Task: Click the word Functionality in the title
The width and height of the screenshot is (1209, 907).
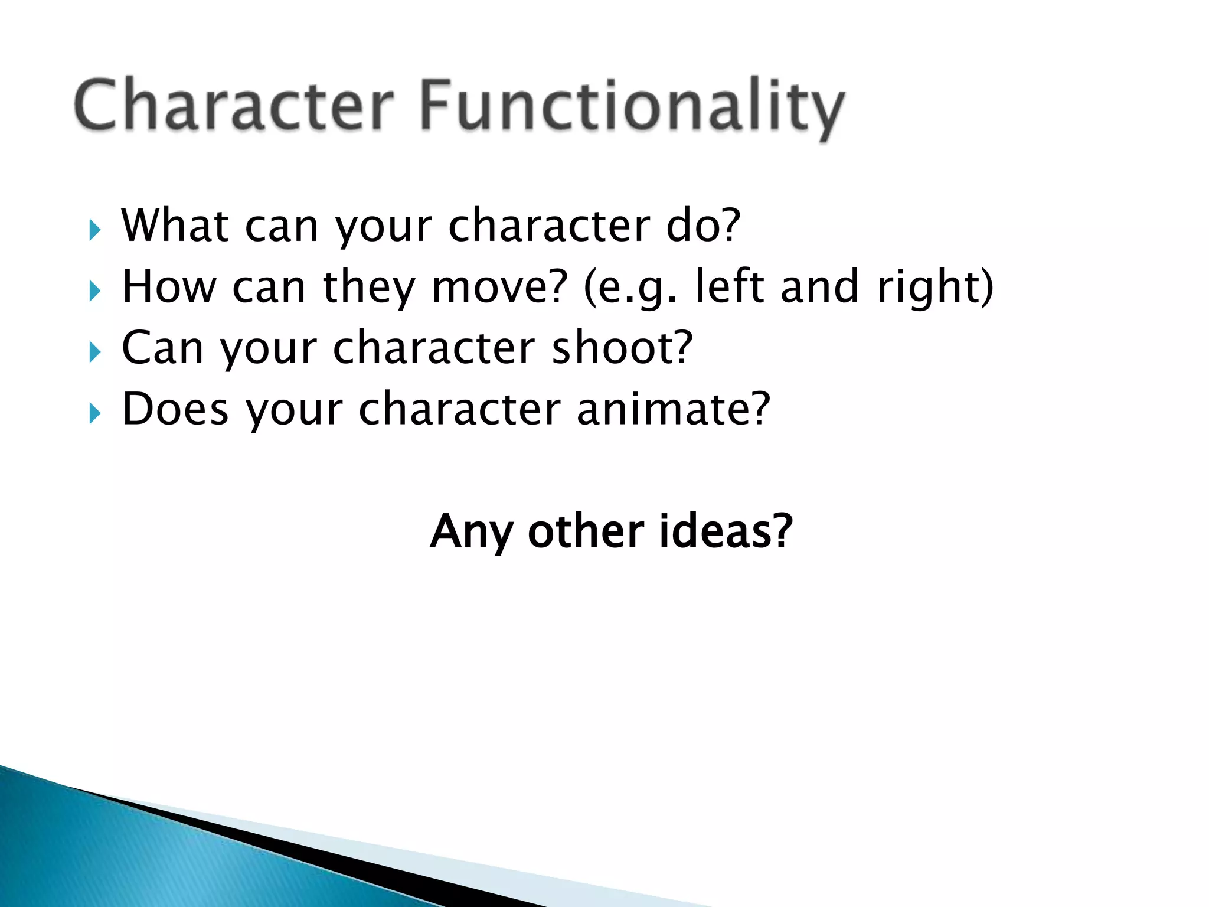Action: tap(632, 106)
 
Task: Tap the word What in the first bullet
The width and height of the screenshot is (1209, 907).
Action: tap(175, 226)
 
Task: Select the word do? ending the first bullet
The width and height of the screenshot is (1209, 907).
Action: tap(702, 226)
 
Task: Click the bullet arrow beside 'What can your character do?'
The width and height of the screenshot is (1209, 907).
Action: tap(95, 230)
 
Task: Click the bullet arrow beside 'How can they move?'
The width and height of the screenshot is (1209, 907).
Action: tap(95, 291)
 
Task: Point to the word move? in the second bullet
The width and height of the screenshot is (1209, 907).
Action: tap(499, 287)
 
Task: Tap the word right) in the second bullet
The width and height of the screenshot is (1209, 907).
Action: tap(935, 287)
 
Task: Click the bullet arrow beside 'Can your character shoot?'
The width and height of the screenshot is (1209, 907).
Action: tap(95, 353)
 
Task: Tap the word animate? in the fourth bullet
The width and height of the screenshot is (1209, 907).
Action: tap(673, 409)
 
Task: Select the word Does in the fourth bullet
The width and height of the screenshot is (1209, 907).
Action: tap(175, 409)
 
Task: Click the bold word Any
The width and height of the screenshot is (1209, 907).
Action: tap(471, 531)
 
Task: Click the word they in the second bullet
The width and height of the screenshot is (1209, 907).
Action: tap(370, 287)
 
